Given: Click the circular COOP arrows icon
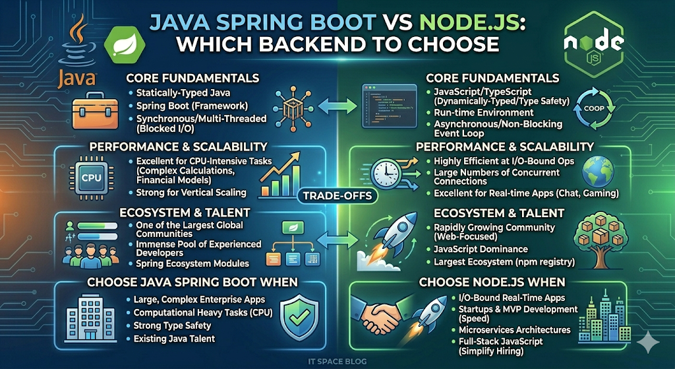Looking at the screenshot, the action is pos(595,109).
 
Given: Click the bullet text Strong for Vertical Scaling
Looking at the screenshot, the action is pos(191,193).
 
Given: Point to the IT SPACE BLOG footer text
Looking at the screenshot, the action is pos(337,361).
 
